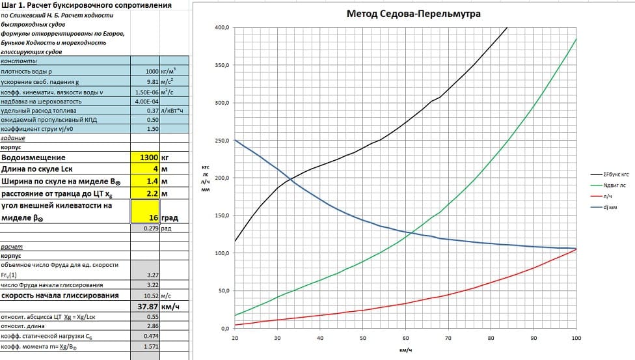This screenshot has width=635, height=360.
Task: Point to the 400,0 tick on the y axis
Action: click(x=222, y=28)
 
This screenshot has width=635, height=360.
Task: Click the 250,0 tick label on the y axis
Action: click(x=222, y=141)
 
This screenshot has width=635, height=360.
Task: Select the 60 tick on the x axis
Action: click(x=405, y=338)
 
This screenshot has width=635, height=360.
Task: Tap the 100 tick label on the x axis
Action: click(x=576, y=338)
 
